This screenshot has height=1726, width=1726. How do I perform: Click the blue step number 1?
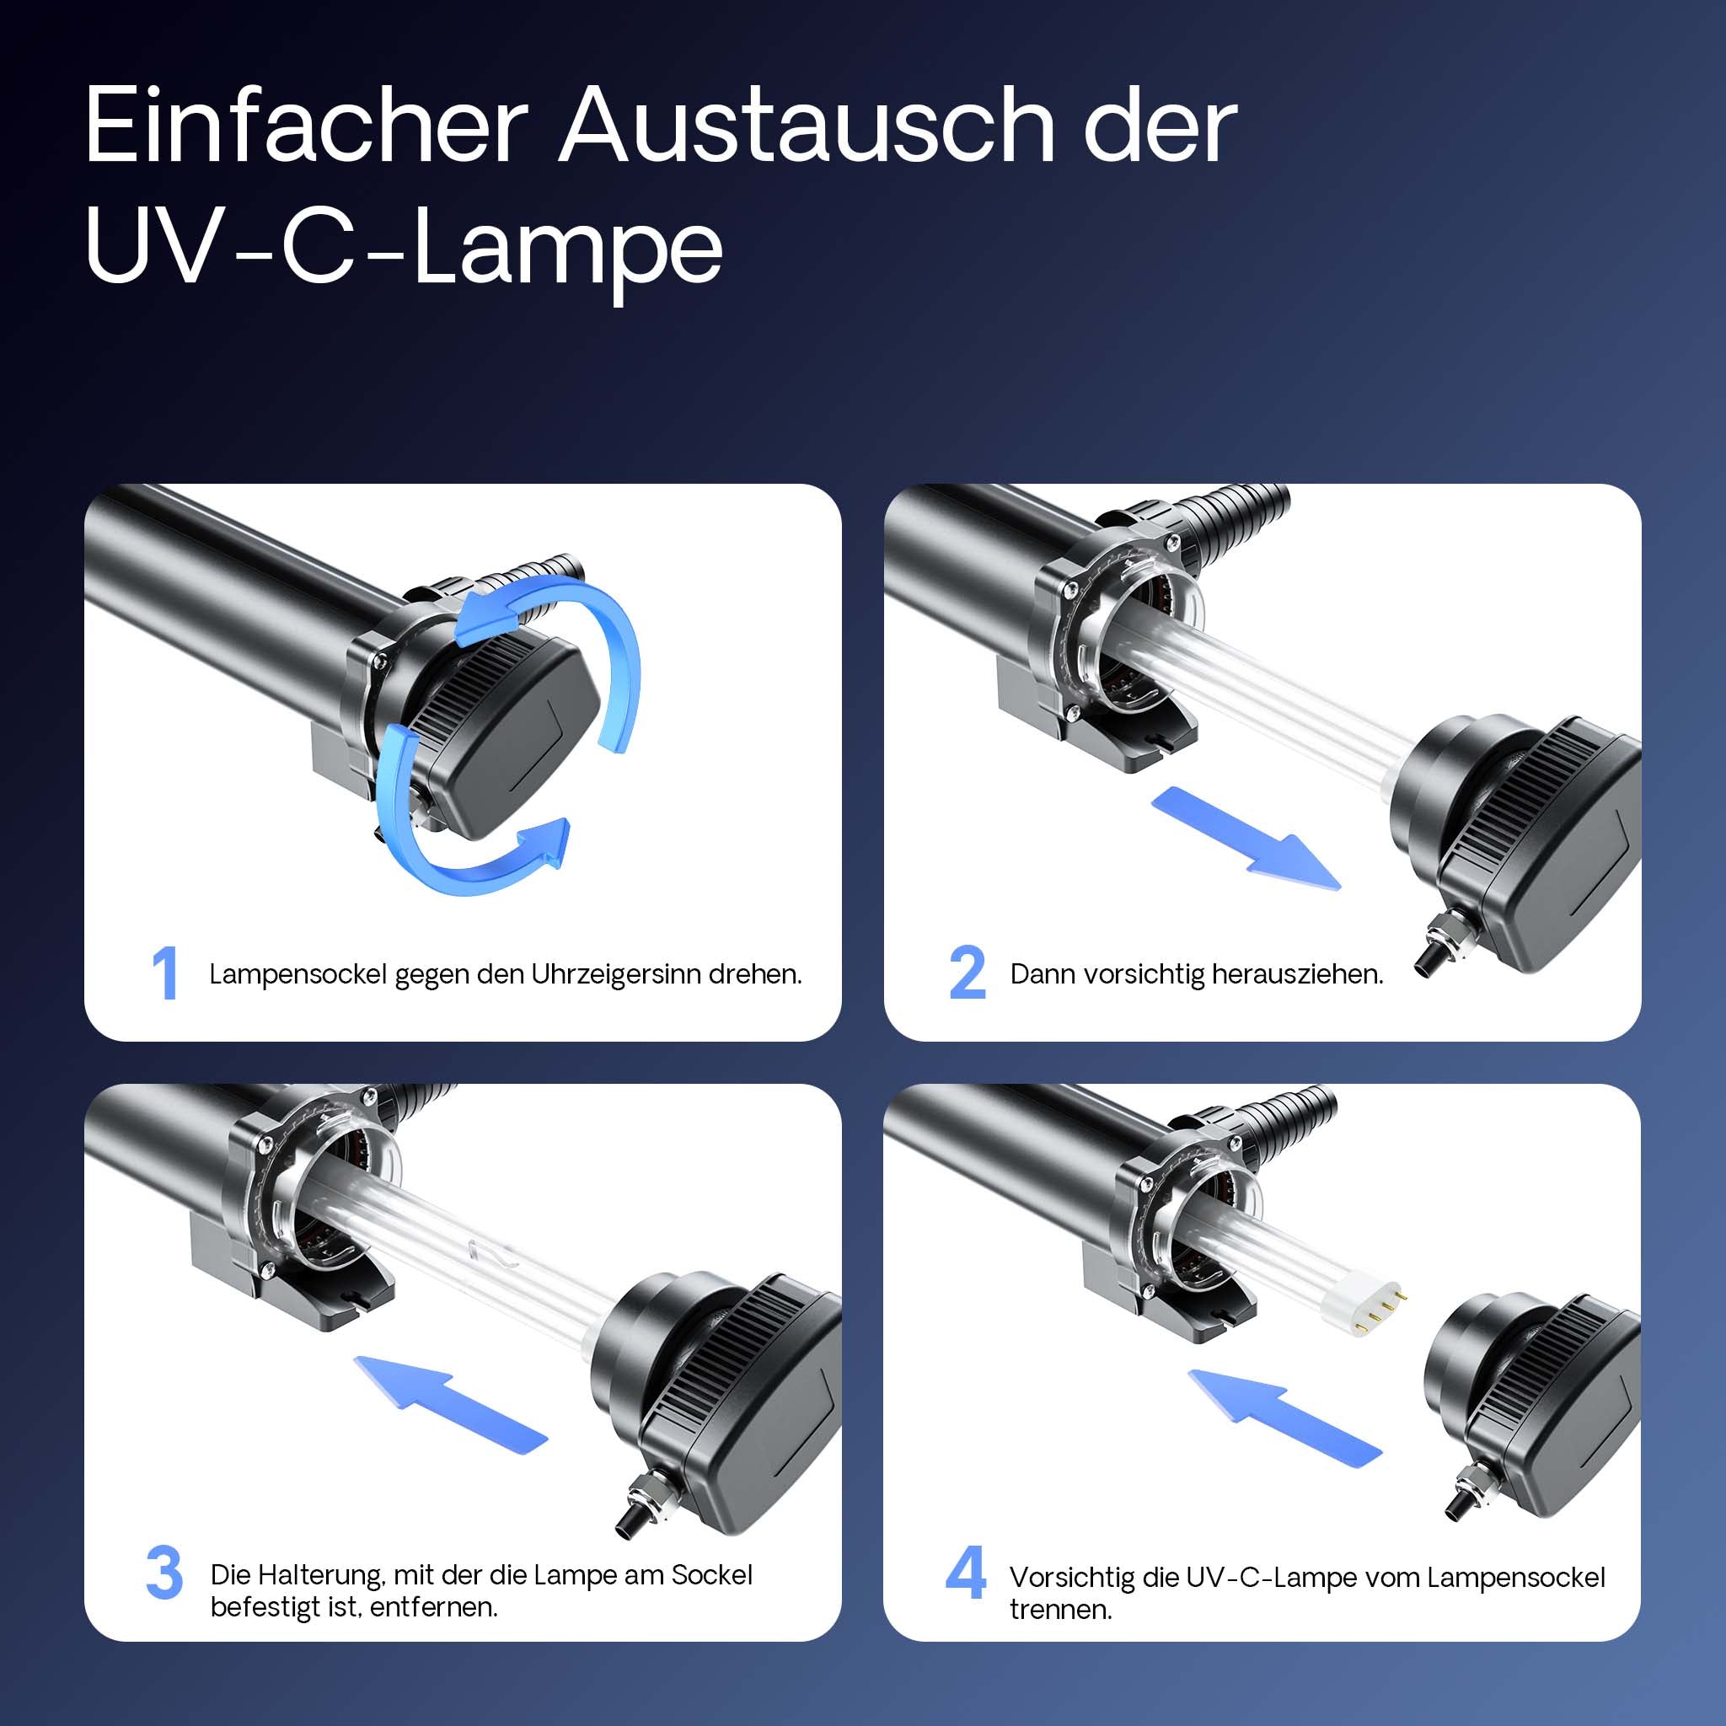[x=164, y=973]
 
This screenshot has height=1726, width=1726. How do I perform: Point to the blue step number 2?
[x=967, y=973]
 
